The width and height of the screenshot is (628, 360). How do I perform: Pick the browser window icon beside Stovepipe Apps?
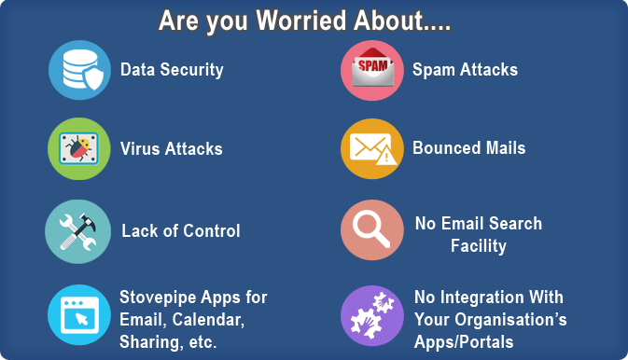pyautogui.click(x=79, y=314)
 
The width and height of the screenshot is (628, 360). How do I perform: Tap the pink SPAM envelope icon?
pyautogui.click(x=371, y=70)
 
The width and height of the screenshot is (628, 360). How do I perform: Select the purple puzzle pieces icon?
pyautogui.click(x=371, y=315)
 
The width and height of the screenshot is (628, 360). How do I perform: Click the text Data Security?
pyautogui.click(x=172, y=70)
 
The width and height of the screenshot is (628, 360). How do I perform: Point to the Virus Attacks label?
pyautogui.click(x=171, y=149)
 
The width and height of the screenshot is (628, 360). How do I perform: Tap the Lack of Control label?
pyautogui.click(x=180, y=231)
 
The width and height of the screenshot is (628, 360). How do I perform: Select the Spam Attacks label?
pyautogui.click(x=465, y=70)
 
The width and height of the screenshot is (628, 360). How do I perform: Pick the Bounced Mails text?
pyautogui.click(x=468, y=148)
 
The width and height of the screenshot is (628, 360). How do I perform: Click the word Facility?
pyautogui.click(x=478, y=246)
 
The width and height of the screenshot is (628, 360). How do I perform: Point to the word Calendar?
pyautogui.click(x=210, y=320)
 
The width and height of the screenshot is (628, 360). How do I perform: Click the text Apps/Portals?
pyautogui.click(x=464, y=342)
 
